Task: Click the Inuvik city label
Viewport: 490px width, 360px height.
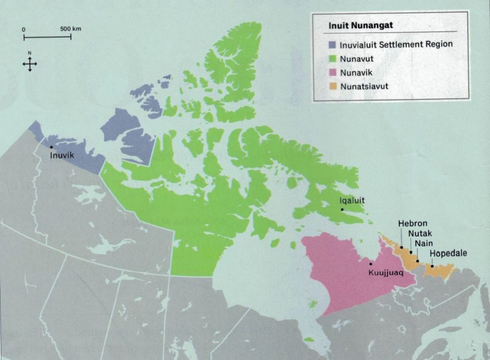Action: tap(62, 155)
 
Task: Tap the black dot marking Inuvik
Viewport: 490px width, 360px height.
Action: tap(51, 147)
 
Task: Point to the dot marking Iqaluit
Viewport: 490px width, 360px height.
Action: tap(342, 209)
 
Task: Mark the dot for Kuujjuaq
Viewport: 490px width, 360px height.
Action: tap(370, 263)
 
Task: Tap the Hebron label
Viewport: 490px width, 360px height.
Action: tap(413, 223)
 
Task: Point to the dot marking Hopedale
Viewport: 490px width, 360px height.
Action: tap(433, 266)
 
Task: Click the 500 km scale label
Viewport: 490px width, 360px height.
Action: tap(71, 29)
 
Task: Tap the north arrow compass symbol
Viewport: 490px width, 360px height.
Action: tap(30, 64)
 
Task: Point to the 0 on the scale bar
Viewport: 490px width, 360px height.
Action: tap(24, 30)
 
